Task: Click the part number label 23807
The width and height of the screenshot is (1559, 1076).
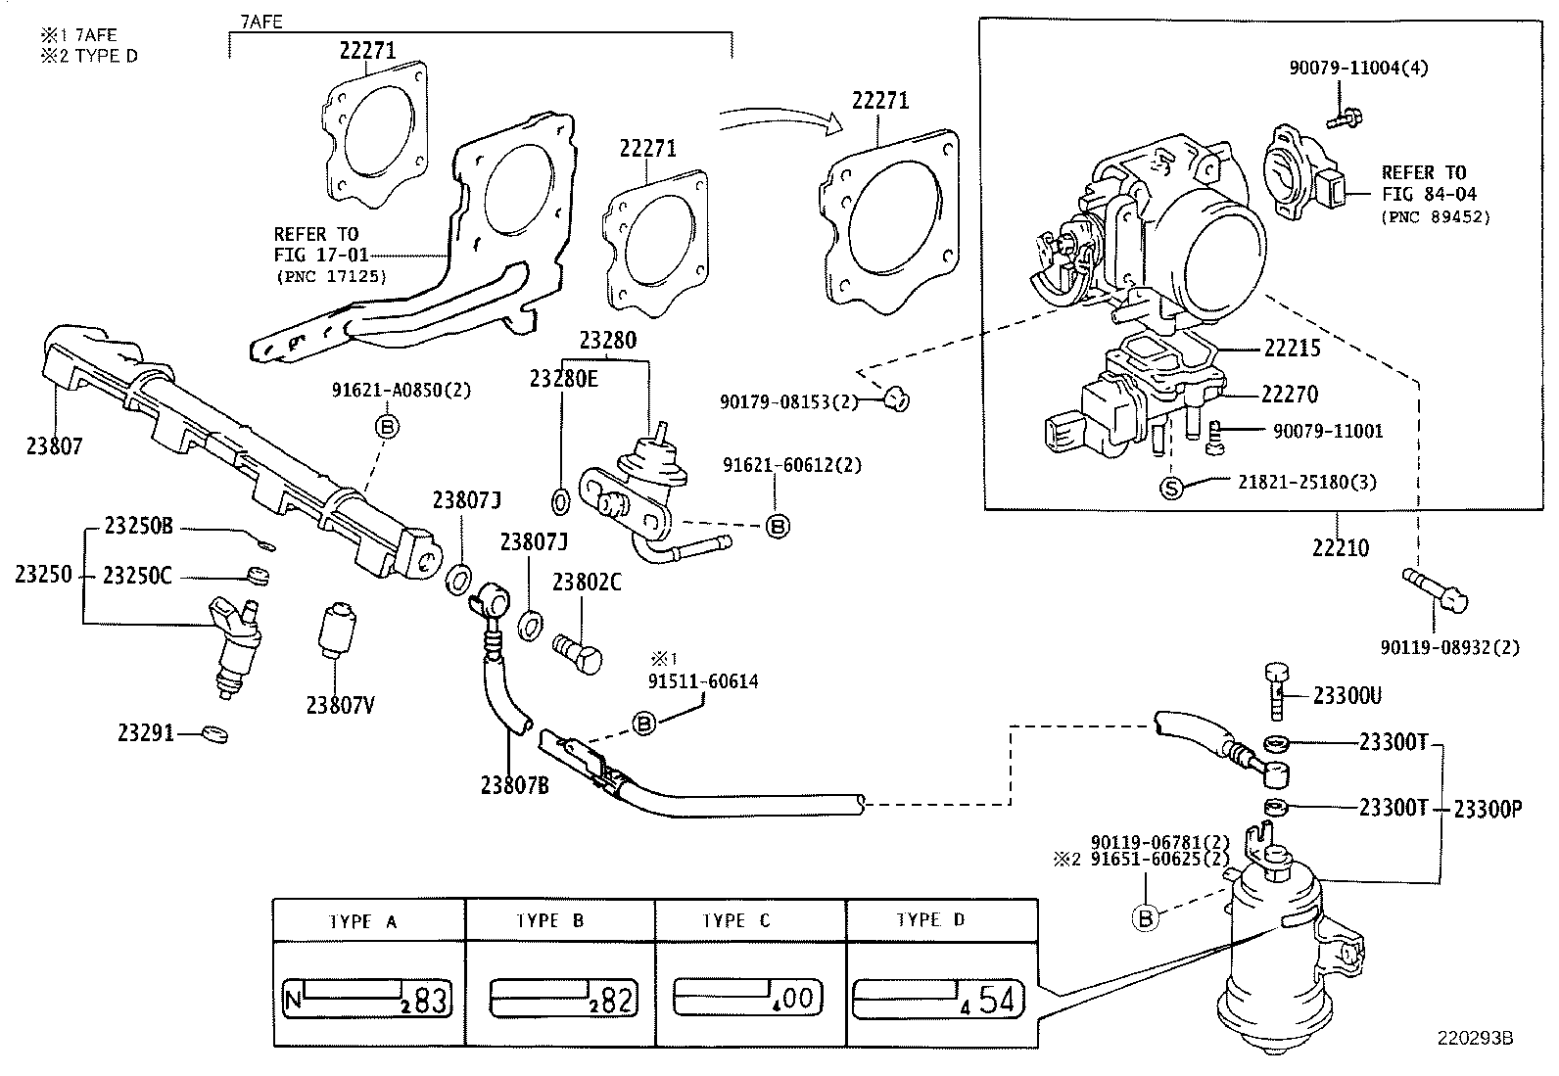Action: click(x=54, y=446)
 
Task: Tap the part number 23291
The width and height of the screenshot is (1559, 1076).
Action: click(x=146, y=732)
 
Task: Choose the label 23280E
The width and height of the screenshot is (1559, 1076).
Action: click(x=563, y=379)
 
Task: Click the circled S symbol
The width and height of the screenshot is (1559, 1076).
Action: click(x=1172, y=488)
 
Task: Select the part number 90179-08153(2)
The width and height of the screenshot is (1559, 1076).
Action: click(x=789, y=401)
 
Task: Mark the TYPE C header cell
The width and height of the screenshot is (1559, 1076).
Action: click(x=736, y=921)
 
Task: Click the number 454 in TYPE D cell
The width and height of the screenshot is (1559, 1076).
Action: click(x=997, y=1001)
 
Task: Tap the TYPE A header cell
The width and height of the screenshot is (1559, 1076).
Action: click(x=362, y=921)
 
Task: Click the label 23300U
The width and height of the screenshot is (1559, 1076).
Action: click(x=1346, y=696)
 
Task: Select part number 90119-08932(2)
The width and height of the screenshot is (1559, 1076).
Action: click(x=1449, y=648)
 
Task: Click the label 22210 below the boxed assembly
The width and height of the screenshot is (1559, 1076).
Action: click(x=1341, y=547)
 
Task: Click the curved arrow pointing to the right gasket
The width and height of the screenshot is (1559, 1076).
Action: click(x=779, y=121)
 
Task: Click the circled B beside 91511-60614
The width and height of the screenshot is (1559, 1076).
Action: click(x=644, y=724)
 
